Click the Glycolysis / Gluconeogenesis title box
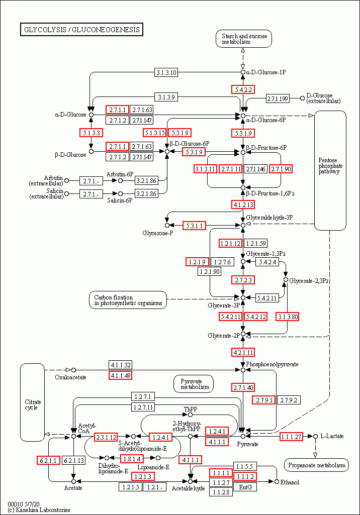click(81, 30)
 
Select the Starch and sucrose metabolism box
click(244, 39)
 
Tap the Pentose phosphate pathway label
click(330, 166)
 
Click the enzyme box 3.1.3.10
click(166, 72)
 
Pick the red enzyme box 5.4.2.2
click(243, 89)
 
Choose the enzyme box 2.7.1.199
click(278, 98)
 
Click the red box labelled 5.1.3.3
click(92, 133)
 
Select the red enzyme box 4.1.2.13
click(243, 204)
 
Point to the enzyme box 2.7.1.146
click(255, 169)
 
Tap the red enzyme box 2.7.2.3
click(243, 280)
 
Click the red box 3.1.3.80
click(287, 317)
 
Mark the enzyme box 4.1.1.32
click(120, 365)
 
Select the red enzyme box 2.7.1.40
click(243, 387)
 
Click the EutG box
click(245, 487)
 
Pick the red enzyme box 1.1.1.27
click(291, 437)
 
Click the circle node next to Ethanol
click(277, 481)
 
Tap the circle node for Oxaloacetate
click(73, 370)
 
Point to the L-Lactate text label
click(332, 436)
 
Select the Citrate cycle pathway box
click(33, 402)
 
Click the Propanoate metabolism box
click(316, 465)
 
